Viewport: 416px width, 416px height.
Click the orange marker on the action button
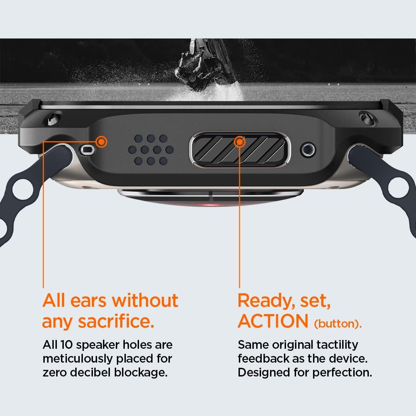click(x=240, y=142)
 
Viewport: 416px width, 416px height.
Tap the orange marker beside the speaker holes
click(x=101, y=142)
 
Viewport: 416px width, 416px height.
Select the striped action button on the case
click(x=240, y=150)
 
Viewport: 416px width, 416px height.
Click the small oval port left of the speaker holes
click(x=87, y=149)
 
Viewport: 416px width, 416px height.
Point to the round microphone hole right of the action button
click(x=308, y=149)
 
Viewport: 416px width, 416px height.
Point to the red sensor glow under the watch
click(x=208, y=205)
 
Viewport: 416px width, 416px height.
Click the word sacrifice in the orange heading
click(x=116, y=321)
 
